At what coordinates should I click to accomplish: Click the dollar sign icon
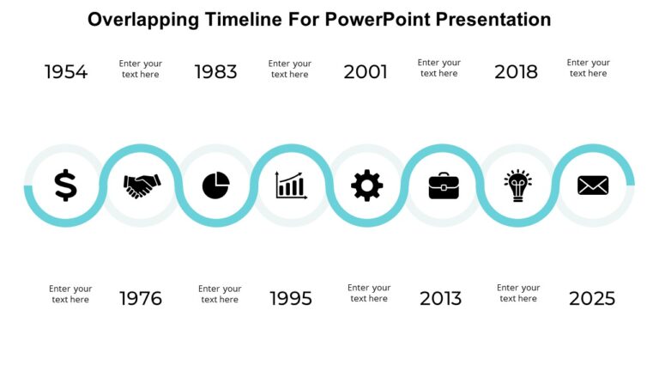[65, 185]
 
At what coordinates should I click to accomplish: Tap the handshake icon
[142, 185]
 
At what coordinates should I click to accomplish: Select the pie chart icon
[216, 185]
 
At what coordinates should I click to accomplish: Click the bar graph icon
[291, 185]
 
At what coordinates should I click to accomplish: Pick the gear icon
[367, 185]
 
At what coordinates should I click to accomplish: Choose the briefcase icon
[444, 185]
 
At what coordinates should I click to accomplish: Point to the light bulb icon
[517, 185]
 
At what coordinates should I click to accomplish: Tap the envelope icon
[593, 185]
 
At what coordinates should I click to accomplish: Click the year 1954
[66, 72]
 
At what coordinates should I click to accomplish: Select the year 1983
[216, 72]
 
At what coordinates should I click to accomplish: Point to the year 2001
[366, 72]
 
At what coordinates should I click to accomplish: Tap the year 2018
[516, 72]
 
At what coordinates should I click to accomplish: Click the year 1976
[141, 299]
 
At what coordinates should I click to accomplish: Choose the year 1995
[291, 299]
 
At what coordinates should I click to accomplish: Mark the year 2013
[440, 299]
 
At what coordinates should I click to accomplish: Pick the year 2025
[592, 299]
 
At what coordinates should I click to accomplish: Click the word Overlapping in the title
[144, 19]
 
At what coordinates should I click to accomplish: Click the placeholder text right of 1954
[141, 69]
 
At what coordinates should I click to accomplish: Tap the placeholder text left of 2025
[518, 294]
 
